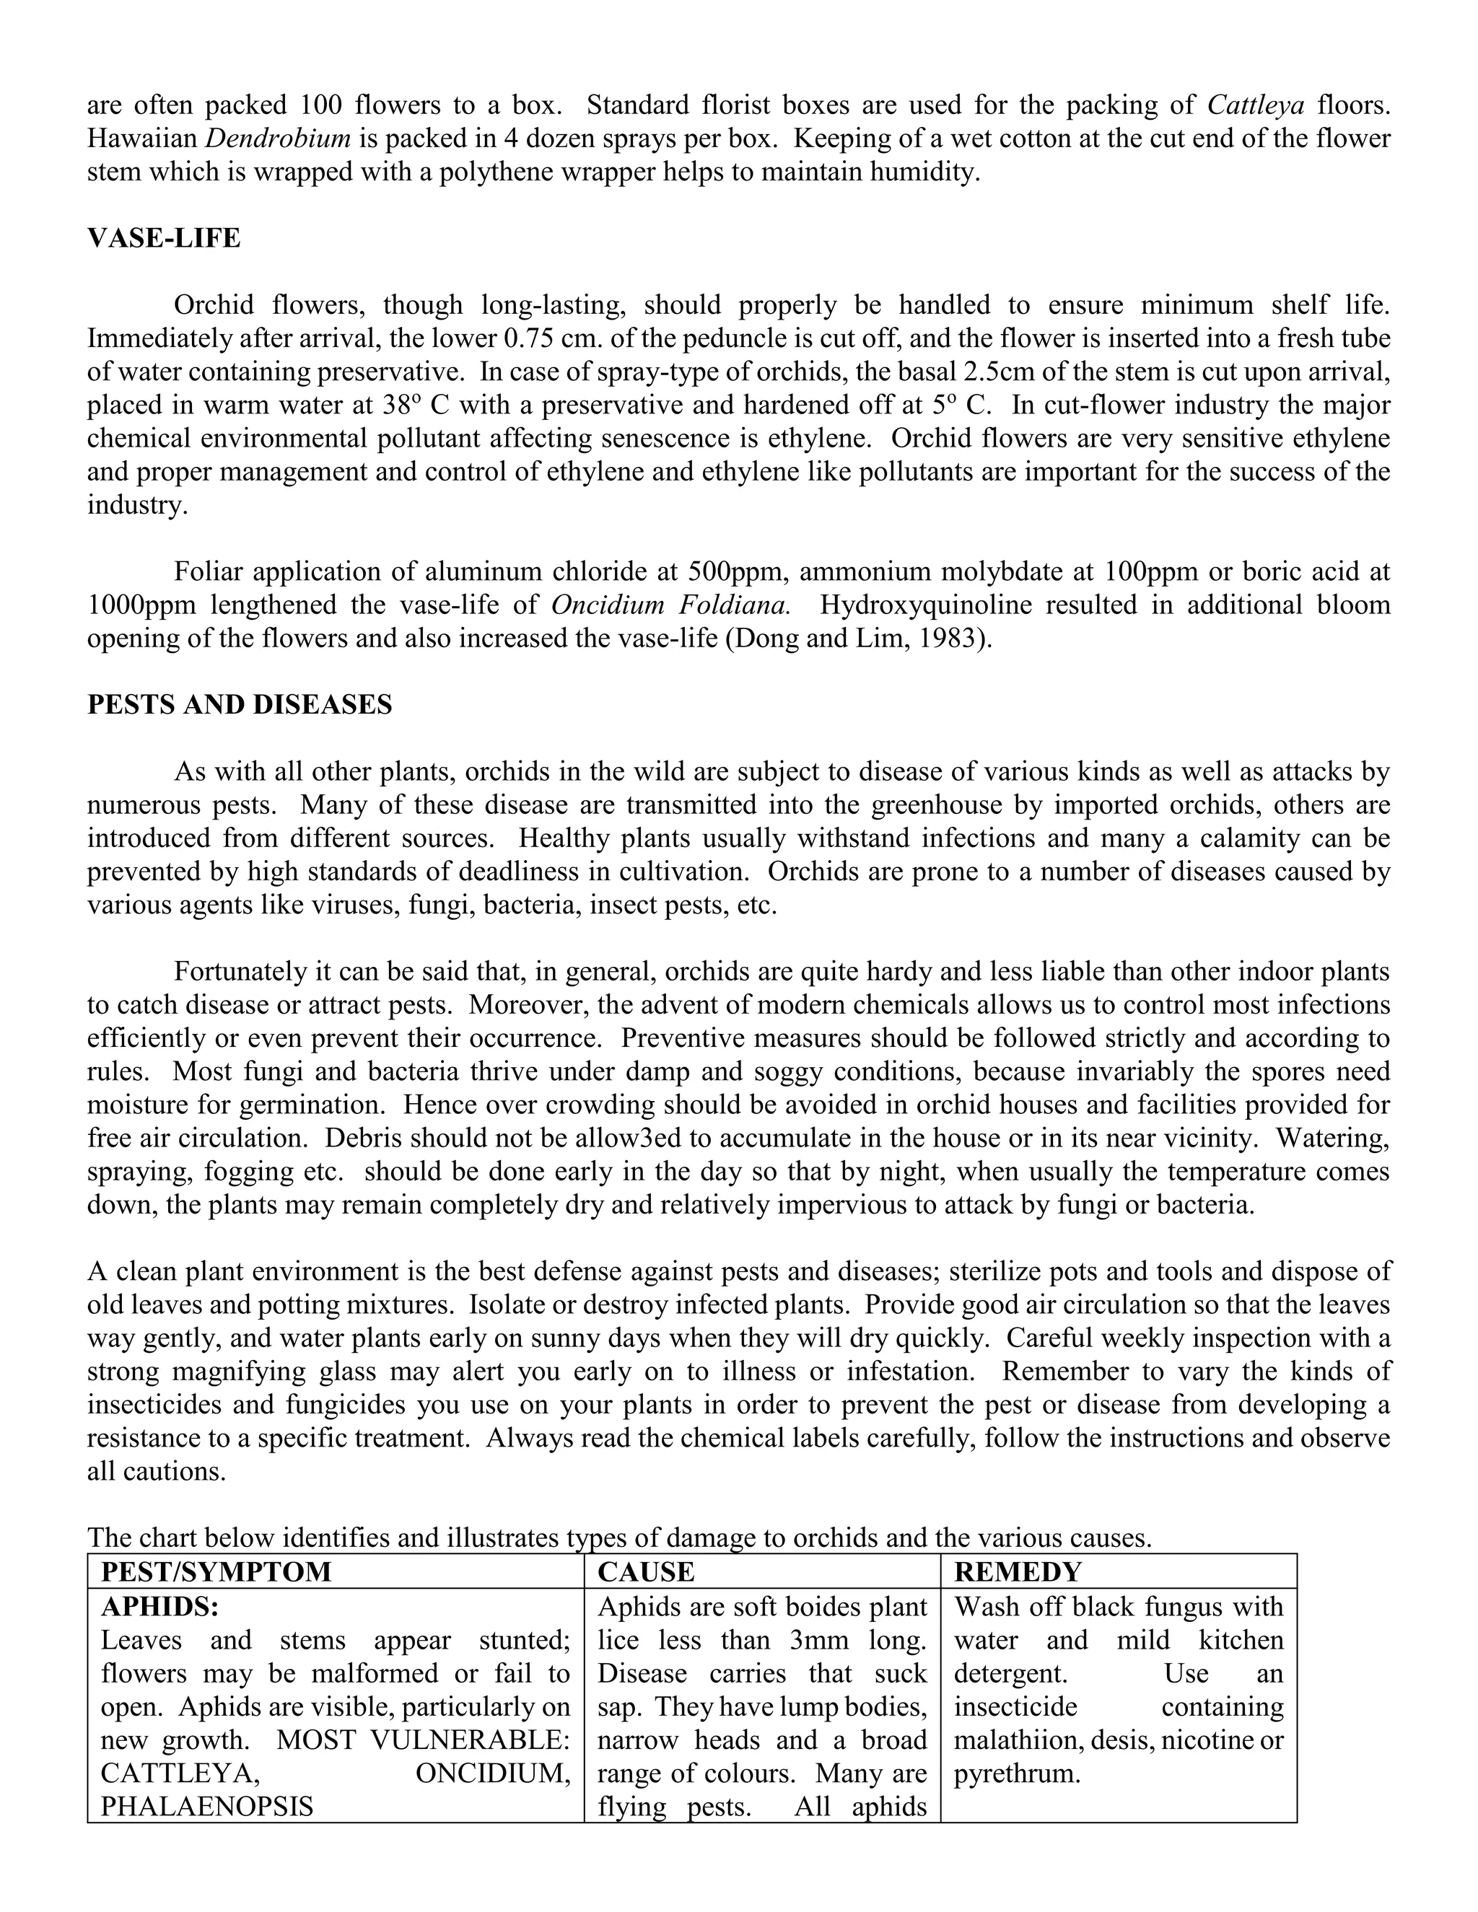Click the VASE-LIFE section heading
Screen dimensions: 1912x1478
click(x=164, y=238)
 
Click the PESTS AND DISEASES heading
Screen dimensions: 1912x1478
click(x=239, y=705)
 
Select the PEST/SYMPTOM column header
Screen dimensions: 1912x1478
click(x=217, y=1571)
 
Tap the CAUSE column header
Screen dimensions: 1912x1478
click(x=645, y=1571)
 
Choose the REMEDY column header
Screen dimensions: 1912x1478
click(x=1018, y=1571)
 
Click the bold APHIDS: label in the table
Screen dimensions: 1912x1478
click(x=159, y=1607)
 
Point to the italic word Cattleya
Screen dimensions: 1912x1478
click(x=1256, y=105)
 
